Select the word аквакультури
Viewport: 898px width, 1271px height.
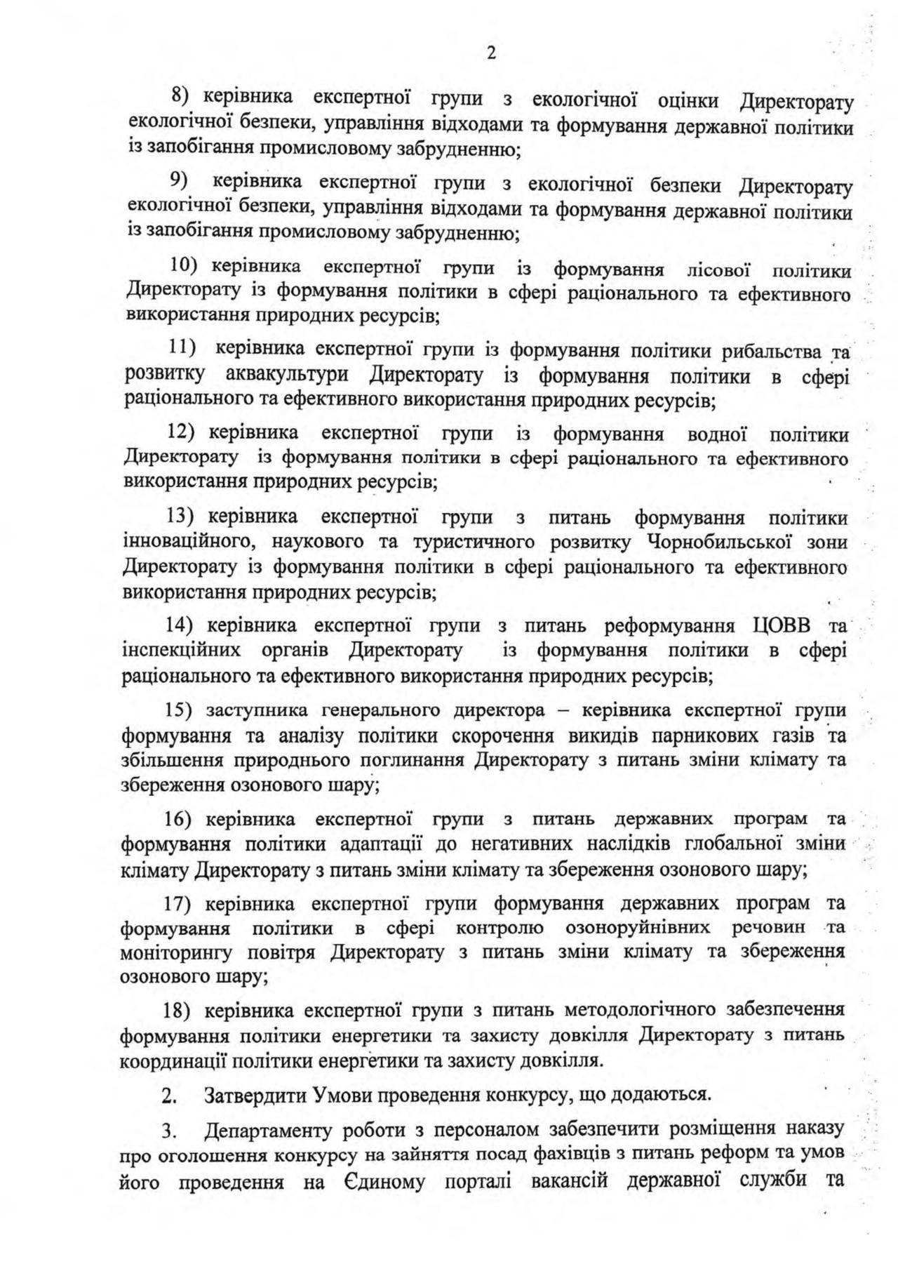point(288,374)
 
